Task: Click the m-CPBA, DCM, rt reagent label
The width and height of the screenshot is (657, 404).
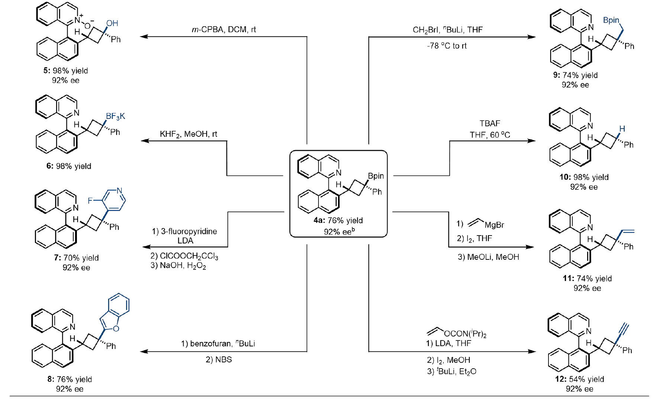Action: pos(224,29)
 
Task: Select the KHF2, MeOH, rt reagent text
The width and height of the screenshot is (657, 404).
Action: pos(188,134)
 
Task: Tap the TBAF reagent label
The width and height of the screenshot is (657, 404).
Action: pos(490,123)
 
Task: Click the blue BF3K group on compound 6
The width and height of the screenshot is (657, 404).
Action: pos(115,116)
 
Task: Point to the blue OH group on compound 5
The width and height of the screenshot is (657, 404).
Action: pos(112,23)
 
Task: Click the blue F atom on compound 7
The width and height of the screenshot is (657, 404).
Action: pos(90,201)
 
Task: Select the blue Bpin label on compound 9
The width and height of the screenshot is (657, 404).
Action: pos(611,20)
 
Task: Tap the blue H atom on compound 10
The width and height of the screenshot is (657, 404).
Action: pos(622,129)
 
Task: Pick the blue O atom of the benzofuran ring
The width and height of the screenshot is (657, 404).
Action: pos(116,329)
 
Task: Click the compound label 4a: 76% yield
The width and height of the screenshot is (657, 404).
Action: pos(338,220)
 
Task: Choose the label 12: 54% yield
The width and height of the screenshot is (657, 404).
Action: pos(579,379)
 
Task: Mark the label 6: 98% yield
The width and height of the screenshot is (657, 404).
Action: pos(69,166)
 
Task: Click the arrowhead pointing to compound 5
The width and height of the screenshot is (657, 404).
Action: pos(144,36)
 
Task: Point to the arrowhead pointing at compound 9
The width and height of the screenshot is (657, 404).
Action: pos(532,37)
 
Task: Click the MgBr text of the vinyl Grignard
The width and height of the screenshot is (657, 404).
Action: pos(494,225)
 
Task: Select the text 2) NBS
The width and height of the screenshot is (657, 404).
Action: pos(219,359)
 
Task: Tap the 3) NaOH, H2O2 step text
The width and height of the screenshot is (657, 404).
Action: pos(178,265)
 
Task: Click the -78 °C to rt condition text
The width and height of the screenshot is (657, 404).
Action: pos(447,46)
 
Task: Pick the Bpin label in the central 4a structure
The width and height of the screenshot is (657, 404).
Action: pos(376,176)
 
